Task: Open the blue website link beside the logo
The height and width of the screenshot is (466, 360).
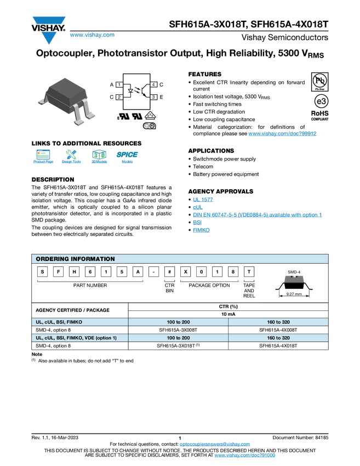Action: point(92,35)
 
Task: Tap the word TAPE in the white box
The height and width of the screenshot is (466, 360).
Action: point(249,285)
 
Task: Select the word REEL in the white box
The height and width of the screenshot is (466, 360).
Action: point(249,296)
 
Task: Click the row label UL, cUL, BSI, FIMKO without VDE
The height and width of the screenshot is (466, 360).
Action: point(59,322)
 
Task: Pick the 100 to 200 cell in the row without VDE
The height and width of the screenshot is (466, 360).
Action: point(178,322)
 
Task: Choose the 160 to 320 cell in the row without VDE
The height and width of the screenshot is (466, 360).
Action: point(278,322)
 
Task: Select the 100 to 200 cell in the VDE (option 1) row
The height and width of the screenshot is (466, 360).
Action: point(178,337)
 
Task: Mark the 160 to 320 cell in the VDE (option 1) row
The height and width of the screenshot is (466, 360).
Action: point(278,337)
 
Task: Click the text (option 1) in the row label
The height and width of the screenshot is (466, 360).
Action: point(104,337)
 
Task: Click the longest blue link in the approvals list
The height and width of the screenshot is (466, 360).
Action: point(257,215)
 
